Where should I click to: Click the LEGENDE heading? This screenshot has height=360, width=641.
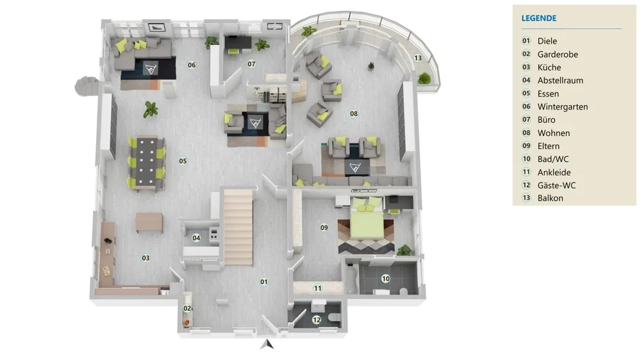pos(538,19)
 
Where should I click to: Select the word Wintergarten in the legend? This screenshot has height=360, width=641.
pos(563,106)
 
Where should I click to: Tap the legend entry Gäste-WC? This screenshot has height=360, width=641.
pos(556,186)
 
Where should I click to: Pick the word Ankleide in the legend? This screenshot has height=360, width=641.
pos(554,172)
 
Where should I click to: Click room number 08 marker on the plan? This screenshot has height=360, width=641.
pos(354,113)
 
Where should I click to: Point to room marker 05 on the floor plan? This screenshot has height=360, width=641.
pos(183,161)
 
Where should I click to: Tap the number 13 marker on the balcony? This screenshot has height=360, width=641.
pos(418,58)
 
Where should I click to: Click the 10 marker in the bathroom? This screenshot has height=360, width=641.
pos(385,279)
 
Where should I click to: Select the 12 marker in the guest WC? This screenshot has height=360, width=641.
pos(317,320)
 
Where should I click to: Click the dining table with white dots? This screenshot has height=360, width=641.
pos(147,162)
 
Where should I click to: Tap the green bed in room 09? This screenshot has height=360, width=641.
pos(367,218)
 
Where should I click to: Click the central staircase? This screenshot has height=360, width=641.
pos(238,227)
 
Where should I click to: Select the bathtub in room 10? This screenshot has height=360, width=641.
pos(351,279)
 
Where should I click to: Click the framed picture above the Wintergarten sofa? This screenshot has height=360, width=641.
pos(156,28)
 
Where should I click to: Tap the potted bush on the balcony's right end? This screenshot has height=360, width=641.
pos(425,78)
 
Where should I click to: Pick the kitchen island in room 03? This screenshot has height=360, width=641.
pos(149,222)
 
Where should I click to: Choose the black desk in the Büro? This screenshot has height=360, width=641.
pos(238,42)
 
